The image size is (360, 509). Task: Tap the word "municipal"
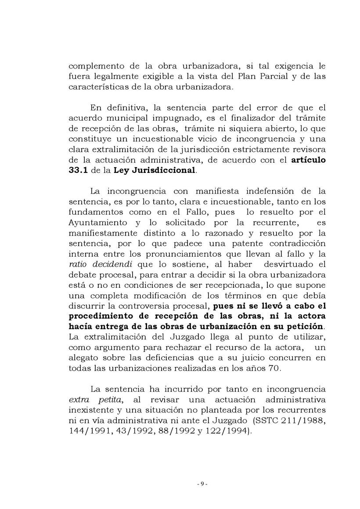coord(129,118)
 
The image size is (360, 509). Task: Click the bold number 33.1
coord(79,170)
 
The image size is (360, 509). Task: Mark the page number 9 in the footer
coord(202,484)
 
